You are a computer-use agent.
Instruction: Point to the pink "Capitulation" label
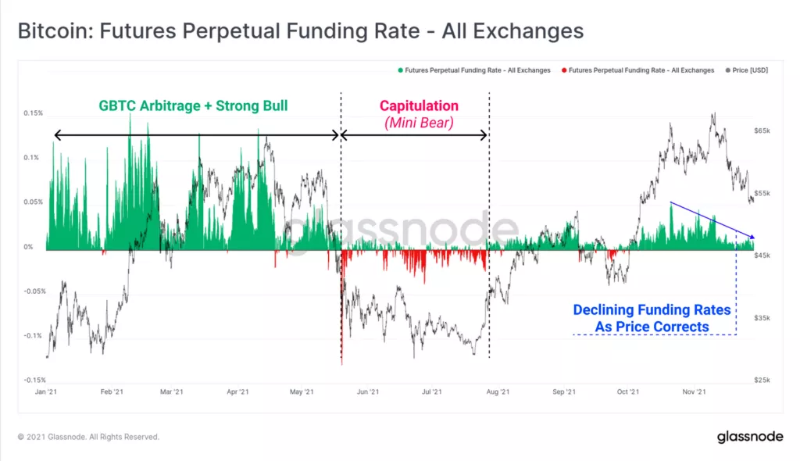click(419, 105)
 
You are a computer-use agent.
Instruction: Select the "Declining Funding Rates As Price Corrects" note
click(652, 318)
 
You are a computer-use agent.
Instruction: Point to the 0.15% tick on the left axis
click(33, 113)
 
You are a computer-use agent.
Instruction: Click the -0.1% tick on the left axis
click(32, 336)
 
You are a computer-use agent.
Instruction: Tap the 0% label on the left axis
click(29, 247)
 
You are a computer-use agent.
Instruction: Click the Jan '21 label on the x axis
click(46, 391)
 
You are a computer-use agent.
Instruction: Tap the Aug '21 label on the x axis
click(498, 391)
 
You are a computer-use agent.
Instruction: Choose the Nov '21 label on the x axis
click(695, 391)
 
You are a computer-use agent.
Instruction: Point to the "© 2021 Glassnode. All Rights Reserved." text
click(88, 437)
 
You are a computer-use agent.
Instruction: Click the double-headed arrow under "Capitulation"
click(415, 135)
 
